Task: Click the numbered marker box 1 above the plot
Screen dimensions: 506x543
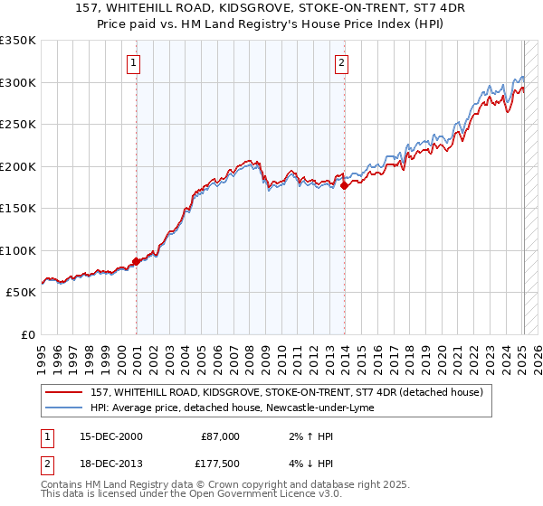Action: pyautogui.click(x=133, y=63)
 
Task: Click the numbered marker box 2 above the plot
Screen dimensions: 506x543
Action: pyautogui.click(x=341, y=63)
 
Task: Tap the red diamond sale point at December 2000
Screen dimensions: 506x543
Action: pyautogui.click(x=137, y=261)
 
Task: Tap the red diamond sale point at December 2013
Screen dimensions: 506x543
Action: pyautogui.click(x=345, y=185)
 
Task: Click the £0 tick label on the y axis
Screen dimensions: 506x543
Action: pyautogui.click(x=26, y=334)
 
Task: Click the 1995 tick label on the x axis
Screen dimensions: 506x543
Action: pyautogui.click(x=42, y=355)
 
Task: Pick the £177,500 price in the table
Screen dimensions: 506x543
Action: pyautogui.click(x=220, y=465)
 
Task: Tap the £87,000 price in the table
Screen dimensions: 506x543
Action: pyautogui.click(x=220, y=436)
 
